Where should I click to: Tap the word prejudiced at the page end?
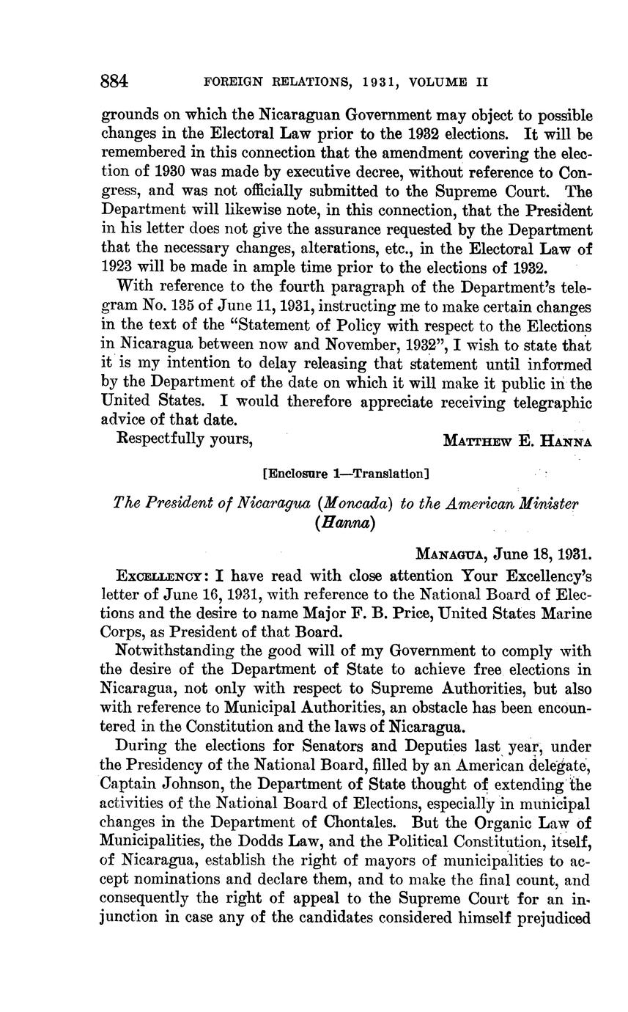pyautogui.click(x=555, y=917)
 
